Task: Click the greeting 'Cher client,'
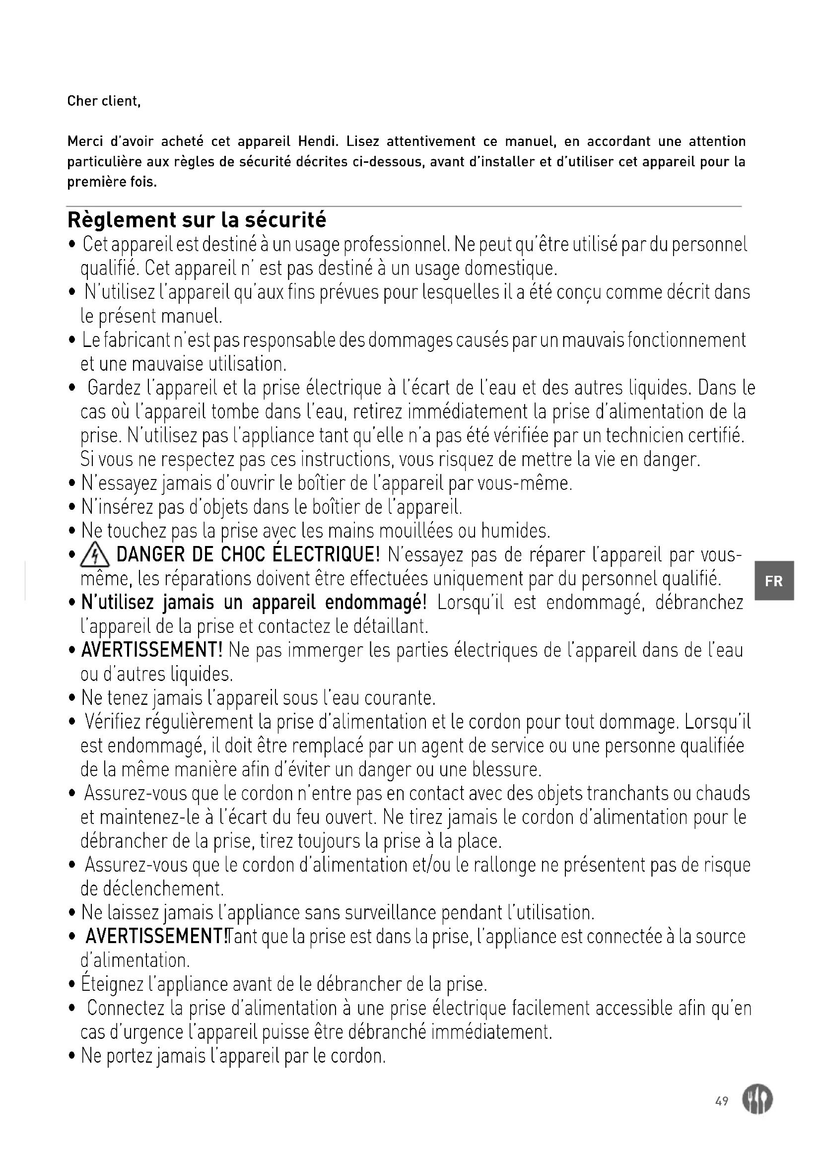104,101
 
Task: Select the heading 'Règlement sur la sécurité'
197,220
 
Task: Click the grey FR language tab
773,581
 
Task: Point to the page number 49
722,1100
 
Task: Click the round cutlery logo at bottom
757,1100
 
